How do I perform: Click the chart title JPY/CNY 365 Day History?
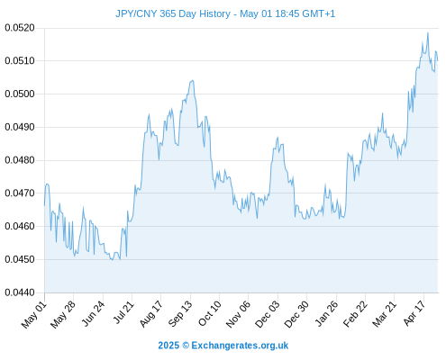[173, 13]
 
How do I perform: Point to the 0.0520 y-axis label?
[20, 28]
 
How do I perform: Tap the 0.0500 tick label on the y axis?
[20, 94]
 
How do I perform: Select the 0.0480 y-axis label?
[20, 160]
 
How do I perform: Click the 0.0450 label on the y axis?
[20, 259]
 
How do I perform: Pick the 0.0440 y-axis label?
[20, 292]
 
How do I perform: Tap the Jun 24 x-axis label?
[93, 314]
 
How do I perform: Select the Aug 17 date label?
[151, 314]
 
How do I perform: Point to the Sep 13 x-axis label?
[180, 314]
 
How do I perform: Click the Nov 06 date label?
[238, 314]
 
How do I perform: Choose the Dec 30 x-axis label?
[296, 314]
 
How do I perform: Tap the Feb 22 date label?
[355, 314]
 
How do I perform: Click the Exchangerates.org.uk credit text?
[240, 346]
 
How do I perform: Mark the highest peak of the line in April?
[428, 32]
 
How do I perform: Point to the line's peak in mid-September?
[192, 80]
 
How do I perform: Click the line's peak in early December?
[278, 138]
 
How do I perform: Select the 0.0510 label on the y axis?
[20, 61]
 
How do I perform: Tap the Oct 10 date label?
[209, 314]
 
